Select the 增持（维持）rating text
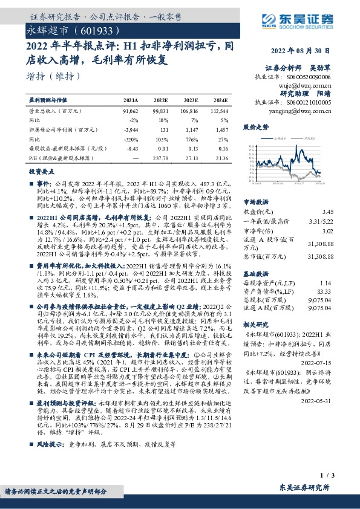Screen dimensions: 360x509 click(x=54, y=76)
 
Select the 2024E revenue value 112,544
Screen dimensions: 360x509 click(x=220, y=112)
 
